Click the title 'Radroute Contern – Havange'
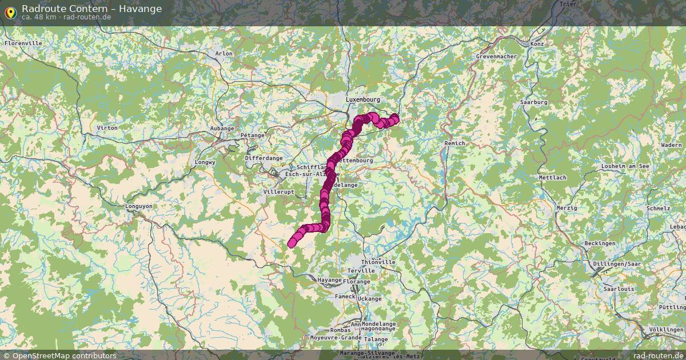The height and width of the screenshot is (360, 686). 91,8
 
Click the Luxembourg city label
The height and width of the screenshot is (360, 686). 362,99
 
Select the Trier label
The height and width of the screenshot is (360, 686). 568,4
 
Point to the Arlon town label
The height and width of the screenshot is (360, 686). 224,54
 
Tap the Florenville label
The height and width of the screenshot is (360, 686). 23,43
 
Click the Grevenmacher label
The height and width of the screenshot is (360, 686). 496,57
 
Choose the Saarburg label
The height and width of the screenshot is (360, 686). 534,102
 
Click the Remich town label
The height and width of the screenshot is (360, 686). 454,143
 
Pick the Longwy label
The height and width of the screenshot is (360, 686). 204,162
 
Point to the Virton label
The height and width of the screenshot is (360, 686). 107,127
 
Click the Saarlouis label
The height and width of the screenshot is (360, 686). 619,289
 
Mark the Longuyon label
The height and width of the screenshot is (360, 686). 139,206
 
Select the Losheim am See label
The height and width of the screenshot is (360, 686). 625,166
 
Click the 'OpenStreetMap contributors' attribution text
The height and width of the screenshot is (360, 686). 63,355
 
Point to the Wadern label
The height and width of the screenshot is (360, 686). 671,145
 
